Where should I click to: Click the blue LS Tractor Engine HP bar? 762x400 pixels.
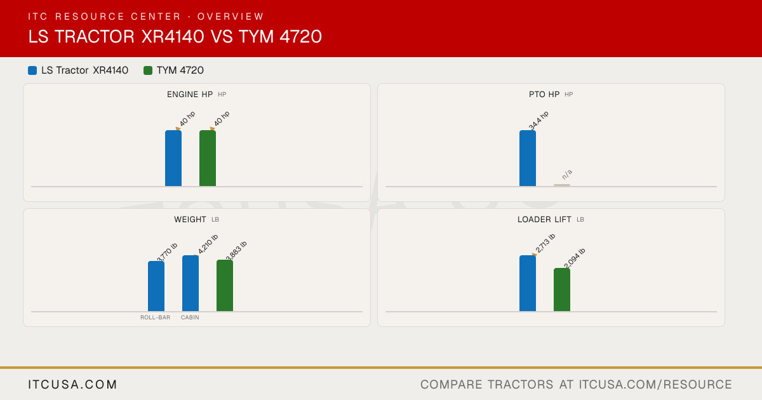[x=173, y=158]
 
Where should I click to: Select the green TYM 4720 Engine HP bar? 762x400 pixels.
[x=208, y=158]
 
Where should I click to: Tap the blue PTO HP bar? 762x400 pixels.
[x=528, y=158]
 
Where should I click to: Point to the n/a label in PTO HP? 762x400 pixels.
[x=567, y=175]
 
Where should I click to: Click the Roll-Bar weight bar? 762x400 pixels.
[x=156, y=286]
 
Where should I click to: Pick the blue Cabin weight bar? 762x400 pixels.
[x=190, y=283]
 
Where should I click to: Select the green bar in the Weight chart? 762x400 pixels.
[x=225, y=285]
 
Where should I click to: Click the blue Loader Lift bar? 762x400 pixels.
[x=528, y=283]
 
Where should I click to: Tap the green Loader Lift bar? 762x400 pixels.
[x=562, y=290]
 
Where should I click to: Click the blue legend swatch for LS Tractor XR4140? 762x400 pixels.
[x=32, y=70]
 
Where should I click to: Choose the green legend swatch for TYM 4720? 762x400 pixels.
[x=147, y=70]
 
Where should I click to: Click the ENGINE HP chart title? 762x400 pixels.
[x=190, y=94]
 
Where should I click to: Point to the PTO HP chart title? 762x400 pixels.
[x=544, y=94]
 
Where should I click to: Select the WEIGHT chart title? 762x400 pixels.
[x=190, y=220]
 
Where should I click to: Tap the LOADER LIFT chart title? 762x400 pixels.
[x=544, y=220]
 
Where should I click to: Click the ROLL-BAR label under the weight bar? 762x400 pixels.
[x=156, y=317]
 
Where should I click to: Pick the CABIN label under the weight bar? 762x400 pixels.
[x=190, y=317]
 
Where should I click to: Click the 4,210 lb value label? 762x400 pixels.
[x=208, y=244]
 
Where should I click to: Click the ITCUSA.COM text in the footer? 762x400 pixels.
[x=72, y=384]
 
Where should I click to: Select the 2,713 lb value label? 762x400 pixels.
[x=545, y=243]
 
